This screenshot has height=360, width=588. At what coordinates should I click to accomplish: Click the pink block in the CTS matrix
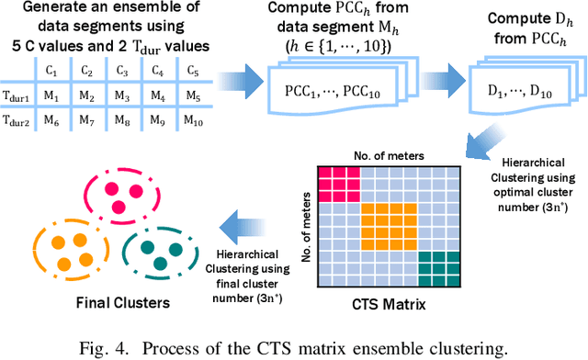pyautogui.click(x=337, y=184)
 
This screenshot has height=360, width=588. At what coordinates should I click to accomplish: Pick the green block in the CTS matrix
pyautogui.click(x=437, y=267)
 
